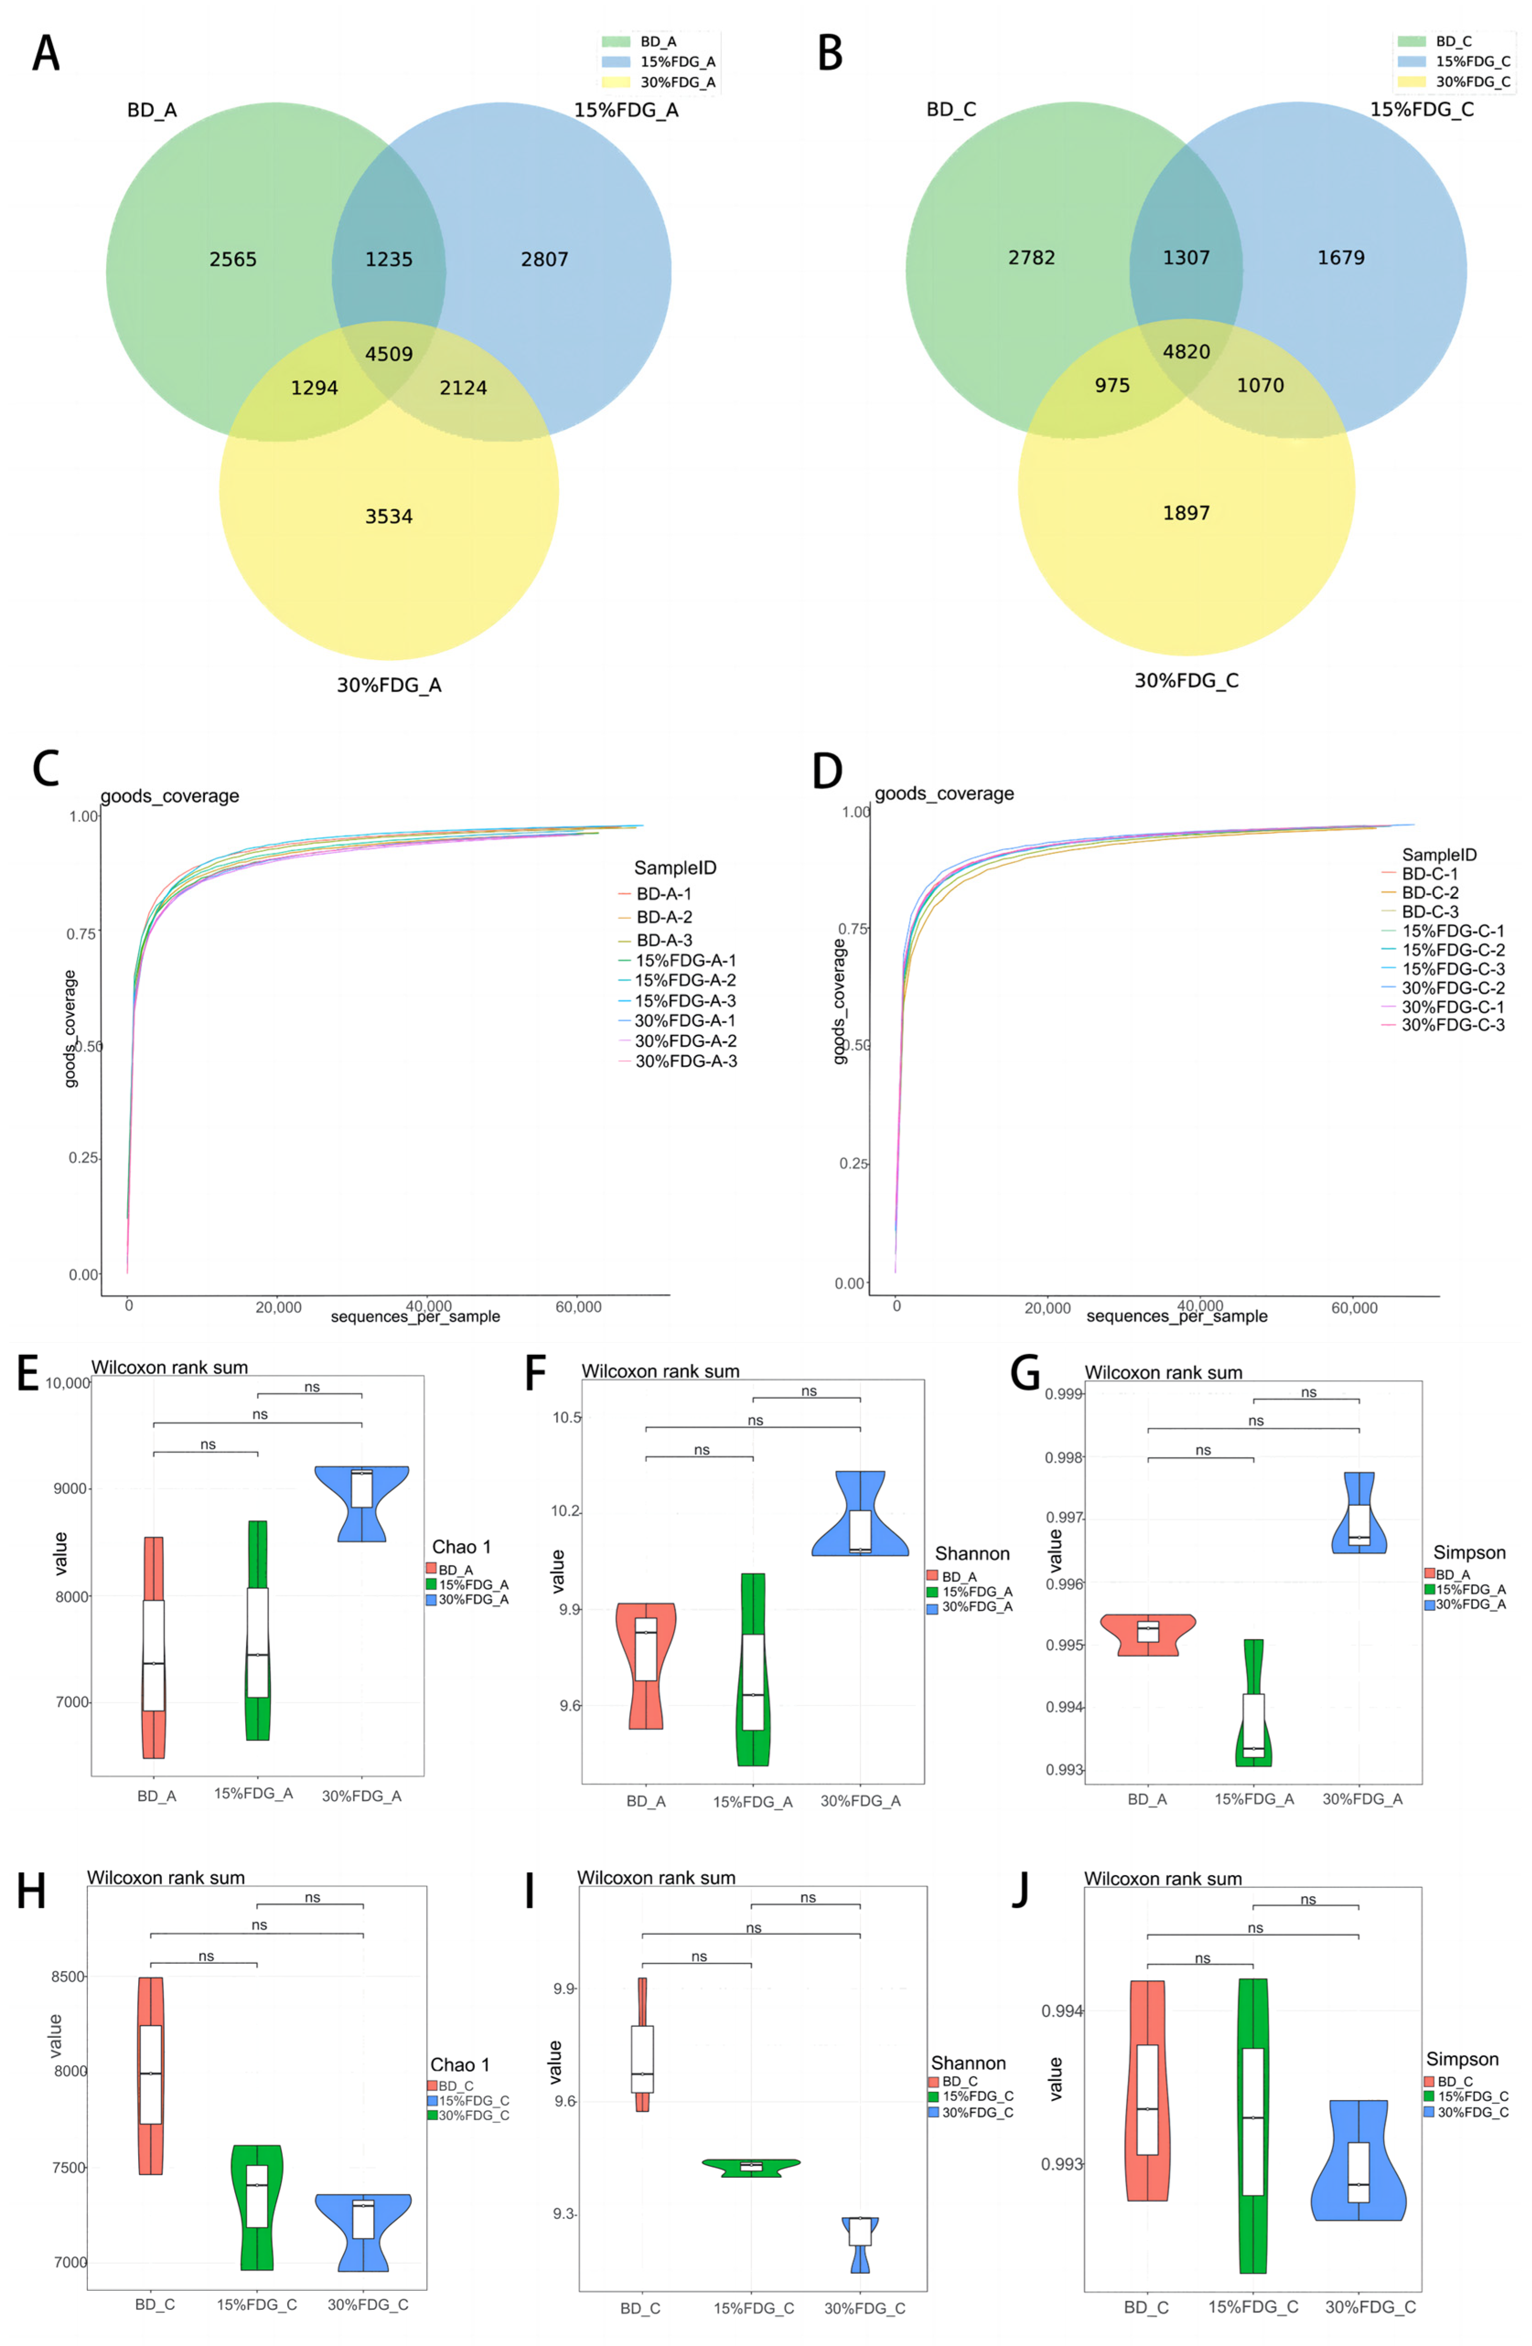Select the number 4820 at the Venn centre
(x=1186, y=352)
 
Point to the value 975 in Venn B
(x=1112, y=385)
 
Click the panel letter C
(x=45, y=770)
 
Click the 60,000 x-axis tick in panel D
(x=1354, y=1308)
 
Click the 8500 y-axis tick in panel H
(x=69, y=1976)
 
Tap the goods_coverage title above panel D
(x=943, y=794)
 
